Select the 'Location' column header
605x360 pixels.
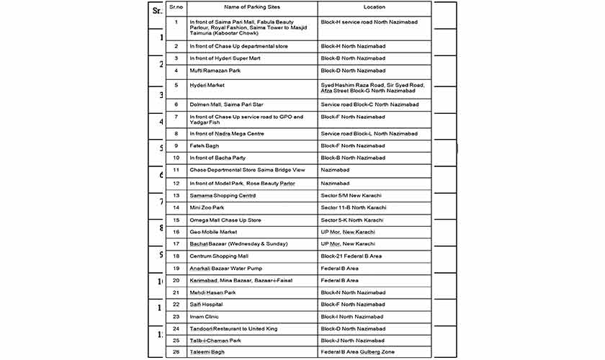tap(374, 7)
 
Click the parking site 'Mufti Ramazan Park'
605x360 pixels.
tap(215, 71)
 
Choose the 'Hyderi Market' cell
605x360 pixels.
tap(207, 85)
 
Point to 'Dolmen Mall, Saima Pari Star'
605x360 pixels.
tap(226, 104)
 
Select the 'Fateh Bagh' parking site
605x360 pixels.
tap(204, 146)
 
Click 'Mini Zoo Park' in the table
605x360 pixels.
tap(207, 207)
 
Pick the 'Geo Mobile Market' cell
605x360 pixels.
tap(213, 232)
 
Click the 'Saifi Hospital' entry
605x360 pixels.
tap(206, 305)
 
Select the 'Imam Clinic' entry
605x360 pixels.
tap(205, 317)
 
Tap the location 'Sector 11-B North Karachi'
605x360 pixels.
tap(353, 207)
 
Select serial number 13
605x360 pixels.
tap(176, 195)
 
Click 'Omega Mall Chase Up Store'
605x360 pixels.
tap(225, 220)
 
